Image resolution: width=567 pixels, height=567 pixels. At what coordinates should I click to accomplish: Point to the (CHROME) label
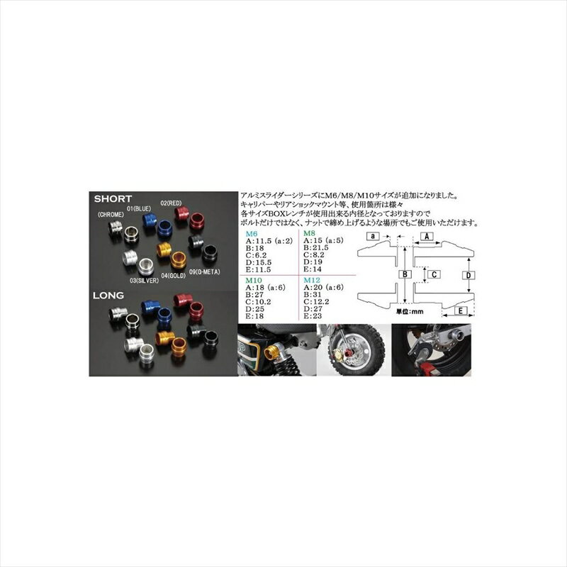(x=112, y=214)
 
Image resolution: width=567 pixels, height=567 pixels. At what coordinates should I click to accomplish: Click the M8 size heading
(x=309, y=232)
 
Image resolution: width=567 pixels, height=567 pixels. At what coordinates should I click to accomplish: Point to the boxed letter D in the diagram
(x=467, y=274)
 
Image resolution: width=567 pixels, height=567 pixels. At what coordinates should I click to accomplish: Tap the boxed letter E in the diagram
(x=459, y=311)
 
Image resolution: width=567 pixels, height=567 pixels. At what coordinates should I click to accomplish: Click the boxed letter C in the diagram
(x=437, y=273)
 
